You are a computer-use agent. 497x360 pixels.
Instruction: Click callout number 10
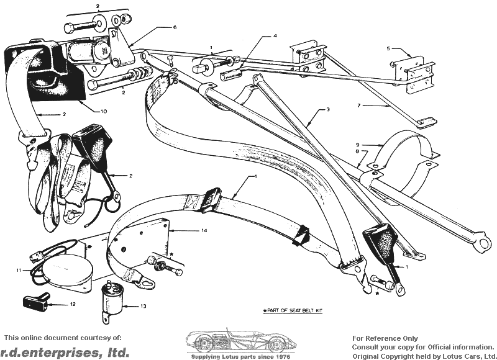(x=104, y=111)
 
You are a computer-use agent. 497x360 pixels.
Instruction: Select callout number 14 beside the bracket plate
(x=204, y=230)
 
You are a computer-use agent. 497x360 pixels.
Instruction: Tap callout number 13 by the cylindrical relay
(x=144, y=306)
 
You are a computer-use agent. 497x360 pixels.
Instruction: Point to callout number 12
(x=73, y=305)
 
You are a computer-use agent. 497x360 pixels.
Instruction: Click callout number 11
(x=19, y=270)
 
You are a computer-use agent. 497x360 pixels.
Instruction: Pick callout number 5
(x=388, y=48)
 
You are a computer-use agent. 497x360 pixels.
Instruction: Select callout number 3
(x=328, y=110)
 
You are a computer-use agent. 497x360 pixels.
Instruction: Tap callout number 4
(x=275, y=37)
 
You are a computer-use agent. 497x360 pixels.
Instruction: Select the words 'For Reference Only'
(x=385, y=339)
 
